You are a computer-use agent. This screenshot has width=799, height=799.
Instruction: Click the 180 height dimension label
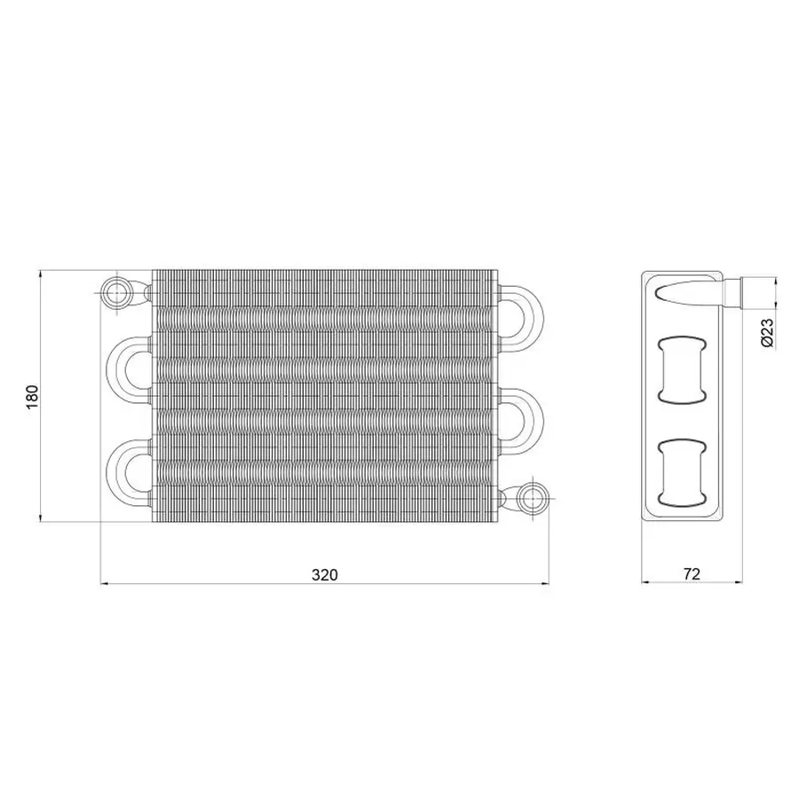31,395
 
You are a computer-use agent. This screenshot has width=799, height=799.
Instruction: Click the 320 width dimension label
325,574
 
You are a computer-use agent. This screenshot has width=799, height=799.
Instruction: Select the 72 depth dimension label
692,574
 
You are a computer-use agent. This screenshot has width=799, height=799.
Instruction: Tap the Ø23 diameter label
769,331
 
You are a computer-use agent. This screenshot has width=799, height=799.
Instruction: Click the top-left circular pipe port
115,291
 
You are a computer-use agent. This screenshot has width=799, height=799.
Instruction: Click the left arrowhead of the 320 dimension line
103,583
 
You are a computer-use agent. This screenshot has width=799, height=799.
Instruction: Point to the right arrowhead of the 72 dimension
742,583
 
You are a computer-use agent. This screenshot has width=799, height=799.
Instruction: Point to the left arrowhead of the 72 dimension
645,583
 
